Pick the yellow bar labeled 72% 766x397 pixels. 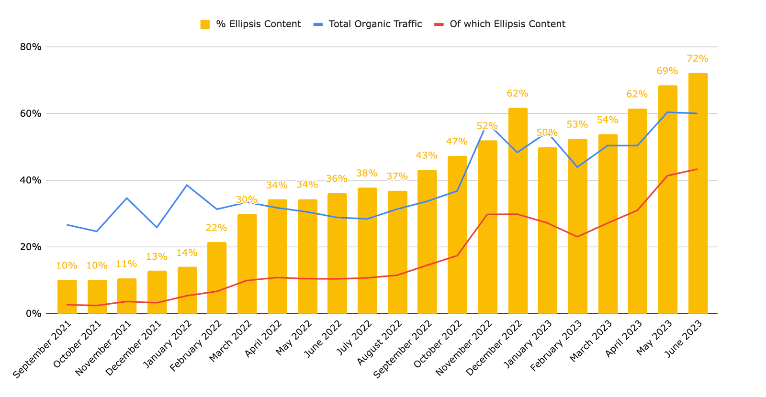(x=698, y=193)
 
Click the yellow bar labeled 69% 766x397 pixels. (x=667, y=199)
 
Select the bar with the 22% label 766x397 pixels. (x=216, y=277)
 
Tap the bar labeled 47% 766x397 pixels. (x=457, y=234)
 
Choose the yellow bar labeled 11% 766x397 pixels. (x=127, y=296)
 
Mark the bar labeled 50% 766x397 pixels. (x=547, y=231)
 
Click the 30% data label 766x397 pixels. (x=247, y=199)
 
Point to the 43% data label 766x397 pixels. (x=426, y=155)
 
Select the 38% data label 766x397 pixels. (x=367, y=173)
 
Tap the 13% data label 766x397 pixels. (x=157, y=257)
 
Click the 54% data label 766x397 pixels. (x=608, y=120)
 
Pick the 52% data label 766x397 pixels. (x=487, y=126)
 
